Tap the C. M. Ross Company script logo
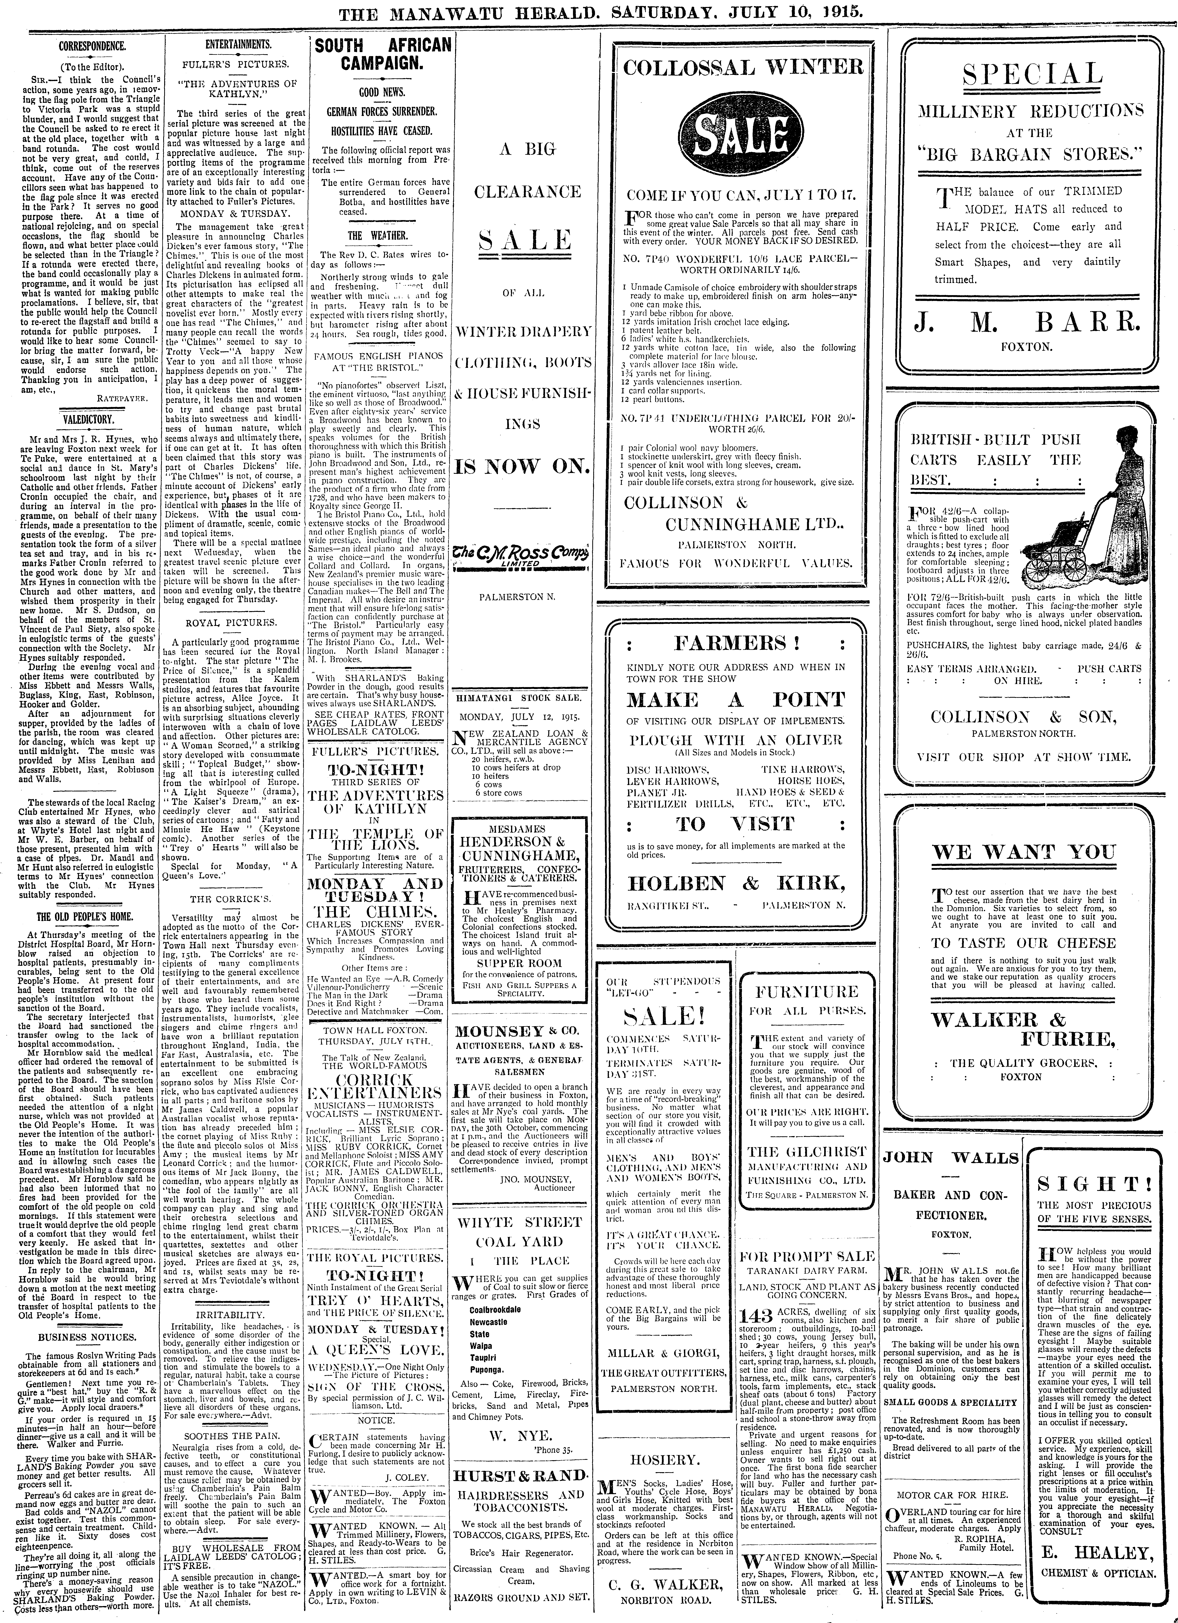tap(522, 555)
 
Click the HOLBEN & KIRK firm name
tap(735, 882)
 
